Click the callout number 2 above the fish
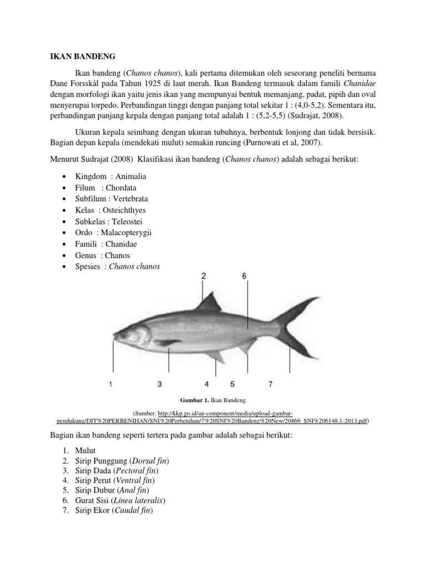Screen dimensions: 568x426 click(204, 276)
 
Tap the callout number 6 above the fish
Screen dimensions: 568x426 click(244, 276)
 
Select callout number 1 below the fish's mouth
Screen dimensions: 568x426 click(111, 383)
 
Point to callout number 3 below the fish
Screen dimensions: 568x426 click(159, 383)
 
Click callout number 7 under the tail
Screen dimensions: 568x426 click(270, 383)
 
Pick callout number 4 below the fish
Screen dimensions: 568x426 click(206, 383)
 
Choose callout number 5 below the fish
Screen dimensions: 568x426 click(232, 383)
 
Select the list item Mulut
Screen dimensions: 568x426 click(85, 452)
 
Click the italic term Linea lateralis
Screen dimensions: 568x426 click(139, 500)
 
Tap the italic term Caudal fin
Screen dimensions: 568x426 click(133, 510)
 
